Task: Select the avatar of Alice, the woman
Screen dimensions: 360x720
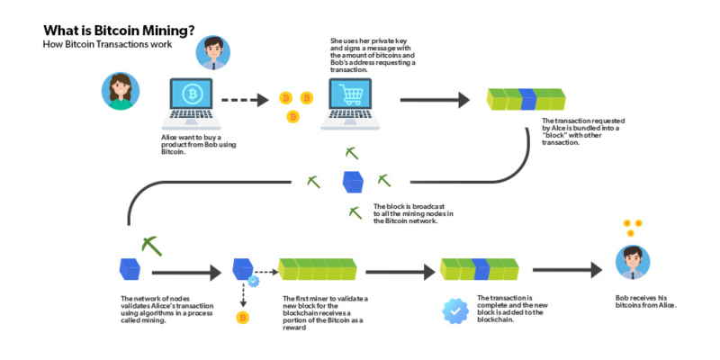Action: [119, 91]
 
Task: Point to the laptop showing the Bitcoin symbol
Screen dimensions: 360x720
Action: [192, 99]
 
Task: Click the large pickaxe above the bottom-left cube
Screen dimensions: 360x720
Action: [152, 245]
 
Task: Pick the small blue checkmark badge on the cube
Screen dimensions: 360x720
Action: [254, 281]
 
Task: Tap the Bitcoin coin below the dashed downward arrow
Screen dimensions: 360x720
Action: [242, 317]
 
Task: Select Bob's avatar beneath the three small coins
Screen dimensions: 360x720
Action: [634, 261]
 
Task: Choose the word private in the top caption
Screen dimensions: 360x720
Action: [386, 41]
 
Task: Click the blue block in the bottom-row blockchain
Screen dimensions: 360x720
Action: [479, 268]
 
